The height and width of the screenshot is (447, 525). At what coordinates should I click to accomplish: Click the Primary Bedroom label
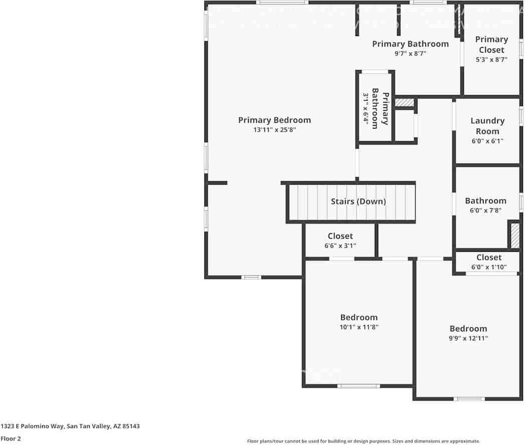(274, 120)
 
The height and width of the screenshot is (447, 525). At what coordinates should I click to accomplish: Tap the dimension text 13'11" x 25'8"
(274, 130)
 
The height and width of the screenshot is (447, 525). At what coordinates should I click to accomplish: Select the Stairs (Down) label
(358, 202)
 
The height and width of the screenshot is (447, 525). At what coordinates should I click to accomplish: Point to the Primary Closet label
(491, 45)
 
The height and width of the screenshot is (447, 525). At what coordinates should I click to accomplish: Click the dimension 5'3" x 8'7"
(491, 60)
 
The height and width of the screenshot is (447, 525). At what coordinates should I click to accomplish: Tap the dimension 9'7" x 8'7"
(410, 54)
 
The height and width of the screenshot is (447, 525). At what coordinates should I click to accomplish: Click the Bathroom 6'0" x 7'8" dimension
(485, 211)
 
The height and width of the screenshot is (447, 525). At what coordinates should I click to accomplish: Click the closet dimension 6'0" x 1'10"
(488, 267)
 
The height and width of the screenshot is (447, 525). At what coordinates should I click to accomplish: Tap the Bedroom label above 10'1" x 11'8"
(359, 317)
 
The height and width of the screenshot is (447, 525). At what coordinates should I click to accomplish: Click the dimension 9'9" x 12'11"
(468, 338)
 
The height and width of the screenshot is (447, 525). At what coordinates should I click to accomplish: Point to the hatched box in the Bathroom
(514, 235)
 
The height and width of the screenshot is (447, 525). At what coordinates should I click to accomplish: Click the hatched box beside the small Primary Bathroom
(404, 103)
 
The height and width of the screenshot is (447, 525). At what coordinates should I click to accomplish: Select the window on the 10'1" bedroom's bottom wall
(358, 386)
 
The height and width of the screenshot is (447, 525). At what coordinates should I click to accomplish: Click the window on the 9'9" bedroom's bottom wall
(469, 399)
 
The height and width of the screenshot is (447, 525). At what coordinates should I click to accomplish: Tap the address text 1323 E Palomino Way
(70, 426)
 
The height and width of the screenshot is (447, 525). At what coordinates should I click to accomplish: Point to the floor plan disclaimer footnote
(363, 441)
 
